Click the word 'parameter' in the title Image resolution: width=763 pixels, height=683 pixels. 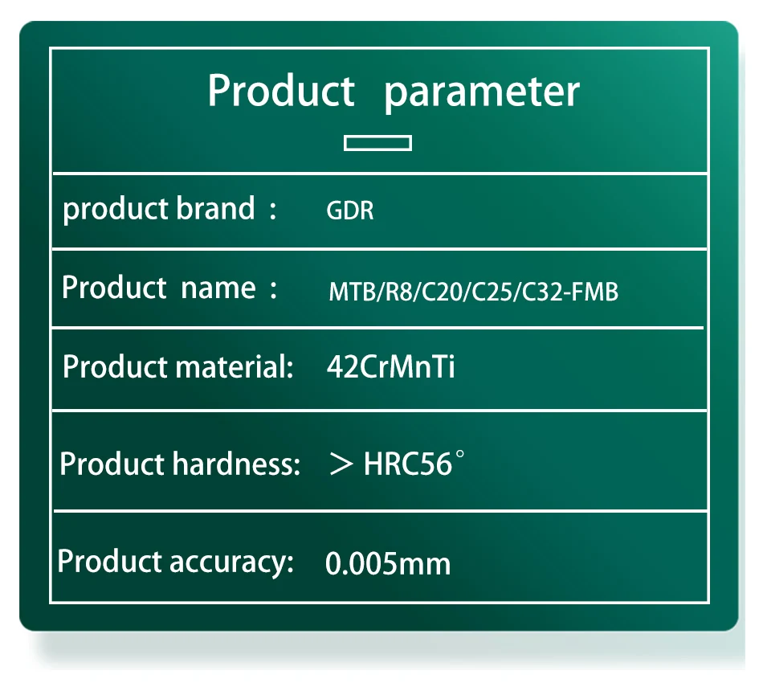coord(482,94)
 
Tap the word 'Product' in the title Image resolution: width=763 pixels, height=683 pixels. coord(281,91)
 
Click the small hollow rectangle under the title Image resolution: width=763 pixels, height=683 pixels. coord(377,143)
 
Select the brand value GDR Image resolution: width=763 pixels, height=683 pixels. coord(350,211)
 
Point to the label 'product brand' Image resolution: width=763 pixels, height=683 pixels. coord(159,210)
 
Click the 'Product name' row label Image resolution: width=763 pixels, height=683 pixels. coord(159,288)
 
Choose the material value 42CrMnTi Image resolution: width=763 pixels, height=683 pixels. coord(391,366)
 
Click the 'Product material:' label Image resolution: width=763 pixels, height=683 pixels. coord(178,366)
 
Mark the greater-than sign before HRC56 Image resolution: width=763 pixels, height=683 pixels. coord(341,464)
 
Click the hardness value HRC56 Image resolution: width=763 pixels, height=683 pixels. coord(408,464)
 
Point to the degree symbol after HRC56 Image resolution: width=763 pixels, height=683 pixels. coord(459,454)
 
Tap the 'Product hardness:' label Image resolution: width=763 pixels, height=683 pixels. coord(180,464)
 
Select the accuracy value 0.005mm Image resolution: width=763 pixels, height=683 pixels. coord(388,564)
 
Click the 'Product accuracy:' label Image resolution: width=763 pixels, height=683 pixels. coord(176,562)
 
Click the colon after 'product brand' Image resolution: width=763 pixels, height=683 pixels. coord(273,211)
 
